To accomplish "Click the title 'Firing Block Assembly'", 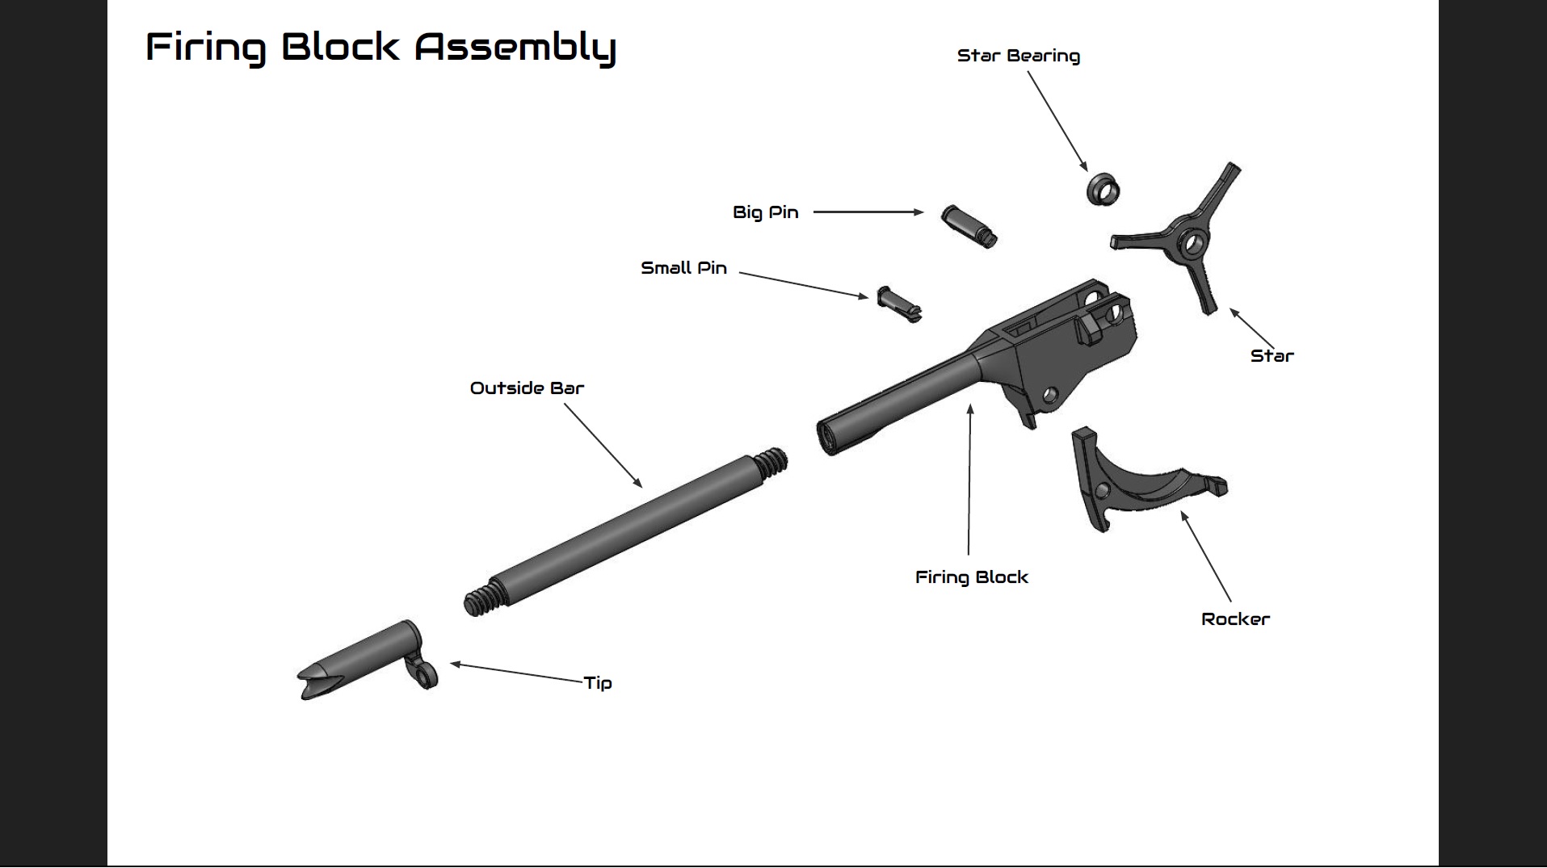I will [x=380, y=47].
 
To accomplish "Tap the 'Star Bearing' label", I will [x=1018, y=56].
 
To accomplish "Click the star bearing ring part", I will [x=1102, y=189].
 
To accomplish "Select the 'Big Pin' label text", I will [x=765, y=212].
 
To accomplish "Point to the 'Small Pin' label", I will [x=683, y=268].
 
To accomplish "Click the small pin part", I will [x=898, y=304].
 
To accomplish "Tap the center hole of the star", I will [x=1192, y=240].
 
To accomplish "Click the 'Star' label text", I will [x=1272, y=356].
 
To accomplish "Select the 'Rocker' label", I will [x=1235, y=619].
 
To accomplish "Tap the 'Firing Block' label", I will [x=971, y=577].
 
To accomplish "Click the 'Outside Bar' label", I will [x=527, y=388].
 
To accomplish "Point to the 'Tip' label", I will [x=598, y=683].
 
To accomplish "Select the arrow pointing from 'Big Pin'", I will [x=868, y=212].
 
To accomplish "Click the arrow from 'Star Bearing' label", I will [x=1057, y=121].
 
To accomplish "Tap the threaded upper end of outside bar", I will [x=771, y=463].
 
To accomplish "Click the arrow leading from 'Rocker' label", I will [x=1206, y=557].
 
